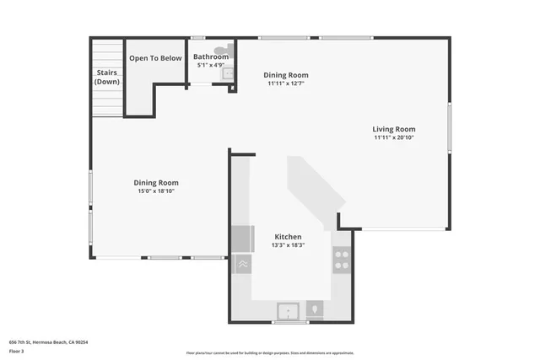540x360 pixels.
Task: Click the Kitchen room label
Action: pos(288,237)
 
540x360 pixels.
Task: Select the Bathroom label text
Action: pos(211,56)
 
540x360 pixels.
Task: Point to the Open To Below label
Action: pos(155,58)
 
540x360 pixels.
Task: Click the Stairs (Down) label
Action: pos(107,77)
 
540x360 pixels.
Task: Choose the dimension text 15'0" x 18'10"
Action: pos(156,191)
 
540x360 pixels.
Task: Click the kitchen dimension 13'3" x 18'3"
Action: pos(288,245)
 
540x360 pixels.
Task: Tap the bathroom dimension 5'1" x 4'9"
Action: pos(211,65)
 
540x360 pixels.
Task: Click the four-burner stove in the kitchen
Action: pos(342,259)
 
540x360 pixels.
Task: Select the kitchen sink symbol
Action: pos(289,310)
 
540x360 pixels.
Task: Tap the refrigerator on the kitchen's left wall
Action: pos(242,239)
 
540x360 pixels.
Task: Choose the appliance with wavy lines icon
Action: pos(242,264)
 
